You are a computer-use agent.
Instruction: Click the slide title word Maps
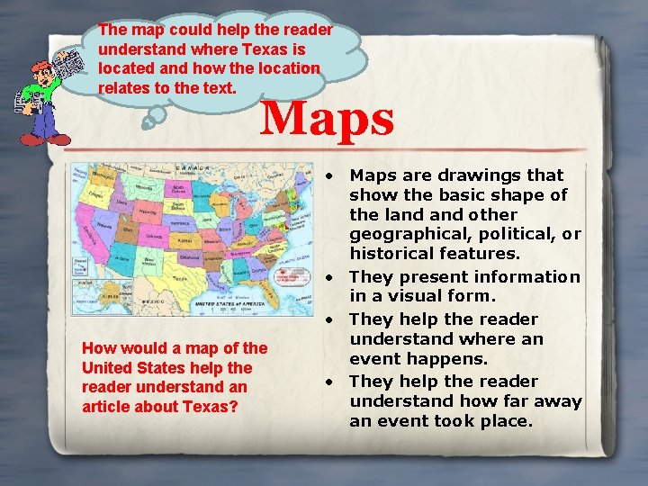327,118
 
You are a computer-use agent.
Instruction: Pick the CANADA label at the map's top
187,167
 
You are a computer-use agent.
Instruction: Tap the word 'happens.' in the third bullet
459,359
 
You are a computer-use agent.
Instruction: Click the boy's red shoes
45,139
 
